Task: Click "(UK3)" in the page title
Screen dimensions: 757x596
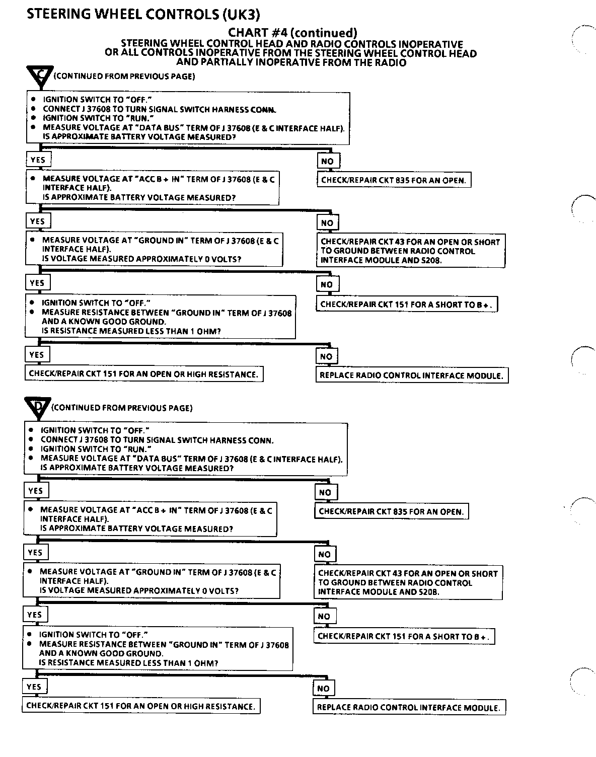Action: click(x=241, y=14)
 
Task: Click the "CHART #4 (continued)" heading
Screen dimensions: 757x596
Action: click(x=292, y=33)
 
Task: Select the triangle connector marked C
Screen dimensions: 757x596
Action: click(x=39, y=77)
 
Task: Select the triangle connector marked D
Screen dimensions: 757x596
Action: click(x=37, y=407)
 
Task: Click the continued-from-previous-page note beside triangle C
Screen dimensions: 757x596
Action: click(x=124, y=77)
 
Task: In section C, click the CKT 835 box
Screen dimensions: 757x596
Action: click(x=394, y=180)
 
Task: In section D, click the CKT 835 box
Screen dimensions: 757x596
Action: click(x=391, y=511)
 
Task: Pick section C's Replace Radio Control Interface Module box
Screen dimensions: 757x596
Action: click(x=411, y=375)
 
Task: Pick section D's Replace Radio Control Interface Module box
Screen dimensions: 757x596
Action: click(x=409, y=707)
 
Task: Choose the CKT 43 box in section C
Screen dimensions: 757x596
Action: click(x=411, y=251)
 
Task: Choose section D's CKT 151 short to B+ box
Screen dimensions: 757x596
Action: click(x=404, y=636)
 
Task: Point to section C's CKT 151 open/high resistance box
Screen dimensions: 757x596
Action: click(x=144, y=374)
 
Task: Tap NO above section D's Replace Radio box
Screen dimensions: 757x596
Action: click(x=323, y=689)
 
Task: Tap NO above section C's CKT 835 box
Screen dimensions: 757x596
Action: click(x=327, y=161)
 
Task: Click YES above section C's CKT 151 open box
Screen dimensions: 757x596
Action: click(x=37, y=355)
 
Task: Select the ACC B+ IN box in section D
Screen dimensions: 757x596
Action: click(x=150, y=519)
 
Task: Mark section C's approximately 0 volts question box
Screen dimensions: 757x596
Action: click(x=154, y=249)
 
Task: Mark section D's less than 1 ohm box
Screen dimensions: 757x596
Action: click(x=158, y=649)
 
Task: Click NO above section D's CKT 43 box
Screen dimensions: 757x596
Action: click(x=325, y=555)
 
